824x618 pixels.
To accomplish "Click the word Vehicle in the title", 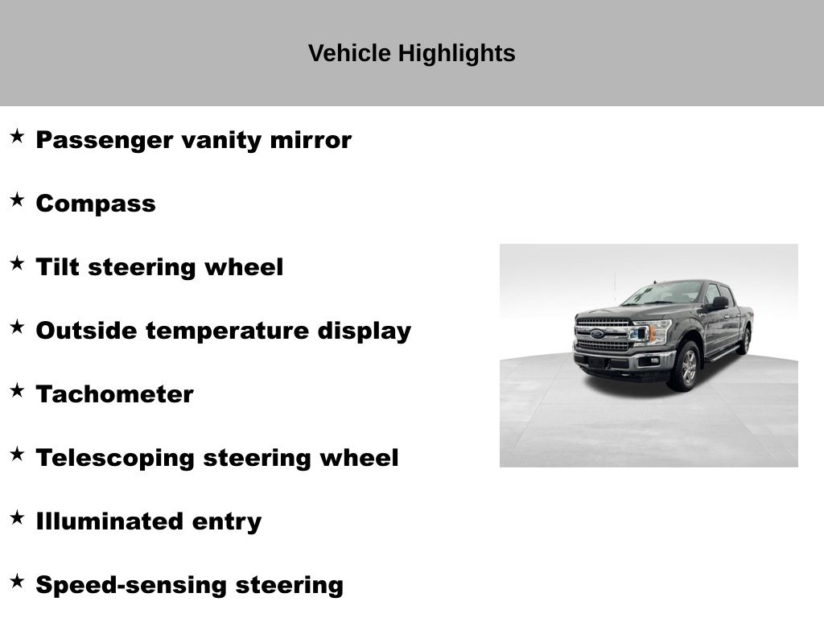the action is click(x=349, y=53).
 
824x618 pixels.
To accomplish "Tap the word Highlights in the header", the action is click(x=457, y=54).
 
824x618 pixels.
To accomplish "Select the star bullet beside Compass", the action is click(x=17, y=200).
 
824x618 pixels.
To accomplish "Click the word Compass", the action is click(x=96, y=204).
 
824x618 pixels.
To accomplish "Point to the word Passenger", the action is click(x=105, y=141).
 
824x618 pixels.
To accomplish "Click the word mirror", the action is click(x=311, y=140).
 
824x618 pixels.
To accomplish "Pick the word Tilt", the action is click(x=57, y=267).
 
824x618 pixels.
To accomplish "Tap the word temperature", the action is click(x=227, y=332).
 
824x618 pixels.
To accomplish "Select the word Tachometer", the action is click(x=114, y=394).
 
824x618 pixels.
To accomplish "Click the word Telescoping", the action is click(x=115, y=459).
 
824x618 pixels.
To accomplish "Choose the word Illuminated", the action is click(x=109, y=521).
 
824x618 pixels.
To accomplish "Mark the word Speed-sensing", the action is click(x=131, y=586).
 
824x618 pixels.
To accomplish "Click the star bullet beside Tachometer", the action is click(x=17, y=390).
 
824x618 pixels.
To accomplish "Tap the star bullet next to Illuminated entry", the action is click(x=17, y=517).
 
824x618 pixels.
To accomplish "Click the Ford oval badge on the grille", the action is click(x=597, y=334).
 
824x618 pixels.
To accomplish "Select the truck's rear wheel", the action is click(x=744, y=340).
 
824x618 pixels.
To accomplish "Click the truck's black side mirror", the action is click(x=719, y=303).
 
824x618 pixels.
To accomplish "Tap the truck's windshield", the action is click(x=663, y=292).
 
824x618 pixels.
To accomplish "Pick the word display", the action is click(x=365, y=332).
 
